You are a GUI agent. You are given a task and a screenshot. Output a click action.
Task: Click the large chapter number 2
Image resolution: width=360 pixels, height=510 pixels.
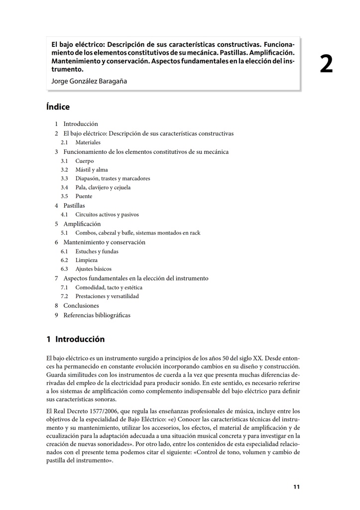(x=326, y=65)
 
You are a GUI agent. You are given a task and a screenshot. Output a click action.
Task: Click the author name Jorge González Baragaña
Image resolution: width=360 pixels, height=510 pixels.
(x=90, y=81)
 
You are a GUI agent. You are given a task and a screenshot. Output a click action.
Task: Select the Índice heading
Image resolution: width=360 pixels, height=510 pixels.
(x=58, y=107)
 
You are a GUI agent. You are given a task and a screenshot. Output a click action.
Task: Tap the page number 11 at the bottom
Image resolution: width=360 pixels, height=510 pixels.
(x=296, y=487)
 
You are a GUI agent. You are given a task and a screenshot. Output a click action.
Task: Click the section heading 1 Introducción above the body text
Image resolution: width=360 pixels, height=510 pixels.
(x=75, y=339)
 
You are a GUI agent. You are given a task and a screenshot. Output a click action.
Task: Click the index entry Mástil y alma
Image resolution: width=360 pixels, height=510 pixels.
(x=91, y=170)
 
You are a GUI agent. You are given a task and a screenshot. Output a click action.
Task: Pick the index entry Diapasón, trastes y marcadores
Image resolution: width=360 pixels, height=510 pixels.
(x=113, y=178)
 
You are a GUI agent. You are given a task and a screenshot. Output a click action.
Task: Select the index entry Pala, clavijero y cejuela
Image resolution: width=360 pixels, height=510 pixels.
(x=103, y=187)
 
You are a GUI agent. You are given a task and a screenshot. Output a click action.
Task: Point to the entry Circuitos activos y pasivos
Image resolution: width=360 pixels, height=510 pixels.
(x=107, y=215)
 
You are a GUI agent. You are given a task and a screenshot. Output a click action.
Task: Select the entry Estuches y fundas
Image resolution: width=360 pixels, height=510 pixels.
(x=97, y=252)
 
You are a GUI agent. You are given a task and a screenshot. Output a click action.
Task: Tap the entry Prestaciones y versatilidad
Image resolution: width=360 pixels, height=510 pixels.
(x=107, y=296)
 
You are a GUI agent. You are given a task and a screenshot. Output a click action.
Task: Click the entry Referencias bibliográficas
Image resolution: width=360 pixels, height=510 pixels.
(x=97, y=315)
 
